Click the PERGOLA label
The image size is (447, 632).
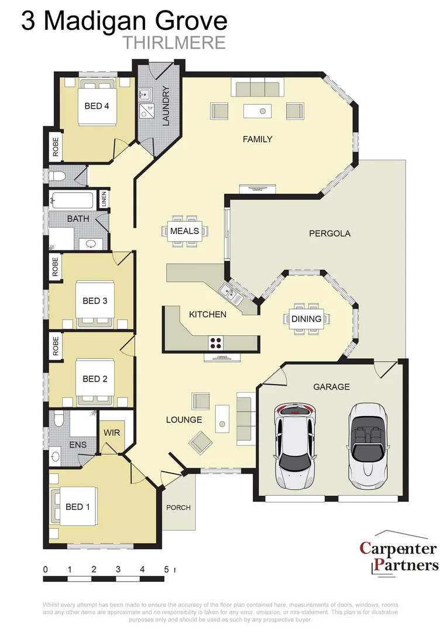329,233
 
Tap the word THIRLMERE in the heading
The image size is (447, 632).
174,43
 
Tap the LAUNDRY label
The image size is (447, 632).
166,106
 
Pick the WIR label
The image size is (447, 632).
112,434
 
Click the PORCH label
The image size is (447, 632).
178,507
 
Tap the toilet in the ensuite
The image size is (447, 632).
59,418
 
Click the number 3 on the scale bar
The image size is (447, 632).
118,569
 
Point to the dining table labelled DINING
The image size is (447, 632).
306,319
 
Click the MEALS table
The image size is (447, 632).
185,231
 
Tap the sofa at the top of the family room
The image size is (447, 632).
257,89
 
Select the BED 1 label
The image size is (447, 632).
78,506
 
